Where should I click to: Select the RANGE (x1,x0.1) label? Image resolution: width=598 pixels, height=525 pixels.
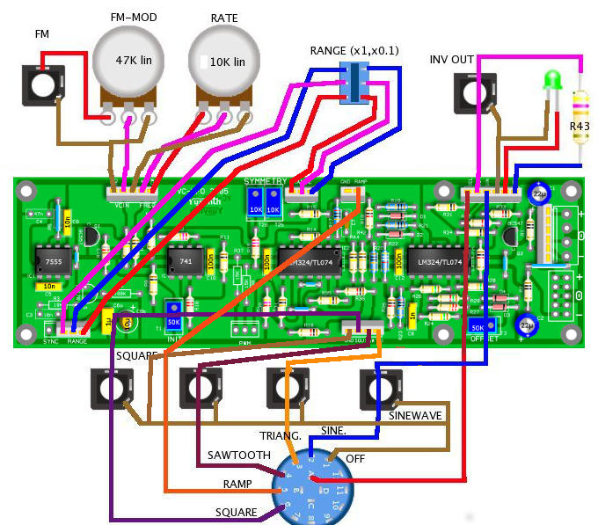(354, 50)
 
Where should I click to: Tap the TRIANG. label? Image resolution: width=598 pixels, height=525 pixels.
(281, 435)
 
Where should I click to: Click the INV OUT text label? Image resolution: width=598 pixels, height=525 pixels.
(452, 60)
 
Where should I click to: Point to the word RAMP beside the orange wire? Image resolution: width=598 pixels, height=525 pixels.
(237, 485)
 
